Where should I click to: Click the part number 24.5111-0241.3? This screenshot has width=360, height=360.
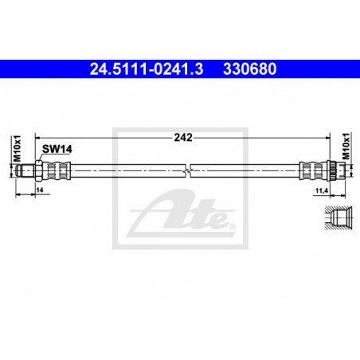pyautogui.click(x=147, y=69)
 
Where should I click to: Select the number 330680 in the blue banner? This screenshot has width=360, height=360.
pyautogui.click(x=250, y=69)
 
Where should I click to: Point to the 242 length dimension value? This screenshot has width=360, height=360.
pyautogui.click(x=183, y=138)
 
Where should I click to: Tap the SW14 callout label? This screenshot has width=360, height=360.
pyautogui.click(x=57, y=149)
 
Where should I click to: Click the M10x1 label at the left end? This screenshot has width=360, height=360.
pyautogui.click(x=17, y=149)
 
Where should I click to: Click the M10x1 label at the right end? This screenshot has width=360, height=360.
pyautogui.click(x=346, y=147)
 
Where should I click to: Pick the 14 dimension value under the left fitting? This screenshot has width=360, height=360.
pyautogui.click(x=40, y=190)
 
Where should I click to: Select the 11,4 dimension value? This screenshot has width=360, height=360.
pyautogui.click(x=322, y=190)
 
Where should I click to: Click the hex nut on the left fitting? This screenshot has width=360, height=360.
pyautogui.click(x=38, y=170)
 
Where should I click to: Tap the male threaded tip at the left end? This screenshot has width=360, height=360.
pyautogui.click(x=25, y=170)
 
